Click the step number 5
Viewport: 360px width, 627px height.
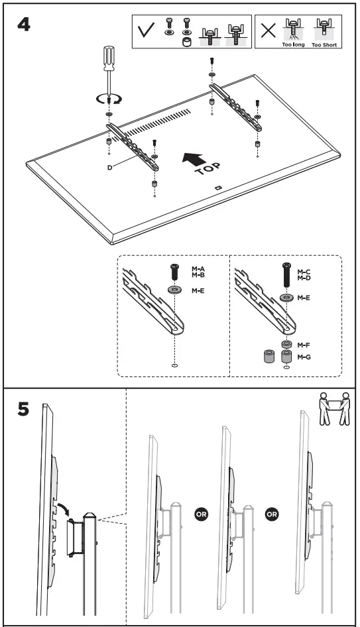[23, 410]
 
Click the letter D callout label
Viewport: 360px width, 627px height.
[109, 168]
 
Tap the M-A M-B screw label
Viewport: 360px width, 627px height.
[198, 272]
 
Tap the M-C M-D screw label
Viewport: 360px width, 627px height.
[304, 274]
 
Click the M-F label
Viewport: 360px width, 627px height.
[304, 345]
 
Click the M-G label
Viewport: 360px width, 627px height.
[304, 358]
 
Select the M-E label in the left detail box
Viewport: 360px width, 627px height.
[198, 290]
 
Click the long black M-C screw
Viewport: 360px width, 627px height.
[286, 274]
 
